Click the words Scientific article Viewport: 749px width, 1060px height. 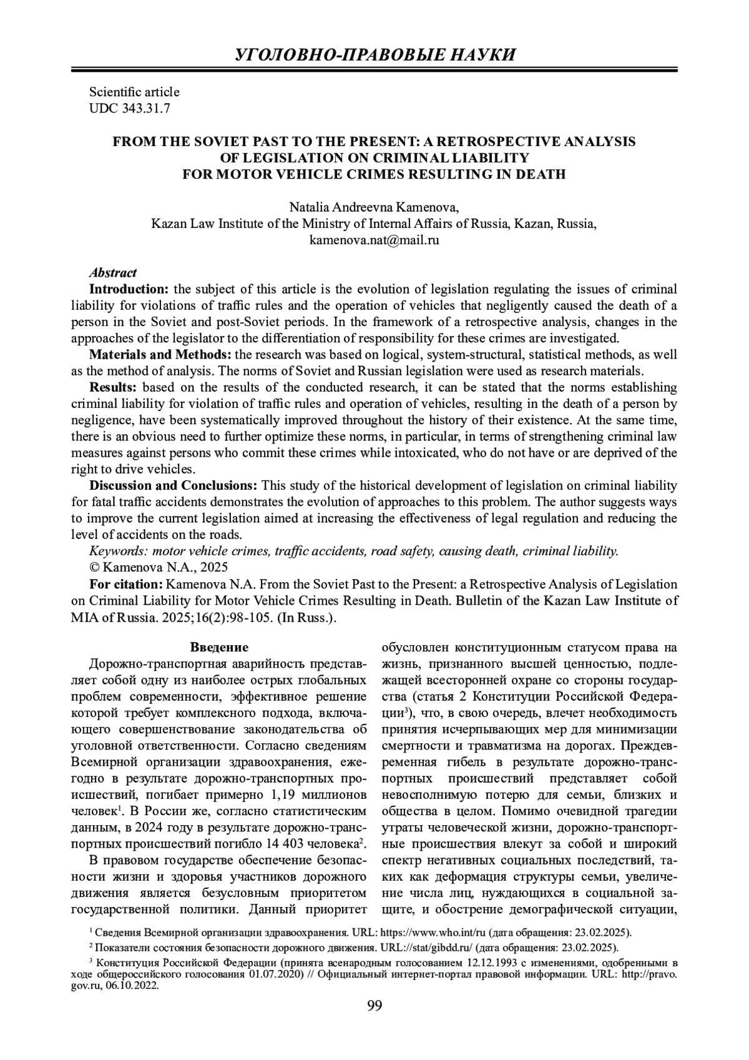pos(134,92)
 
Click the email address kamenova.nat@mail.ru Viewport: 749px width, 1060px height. pos(374,240)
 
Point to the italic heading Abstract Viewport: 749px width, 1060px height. pos(113,272)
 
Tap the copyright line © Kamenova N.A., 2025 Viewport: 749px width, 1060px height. pos(159,567)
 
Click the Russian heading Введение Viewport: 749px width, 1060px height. pos(219,647)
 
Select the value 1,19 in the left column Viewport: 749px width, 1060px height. pos(282,795)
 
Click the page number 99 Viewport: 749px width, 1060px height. pos(374,1006)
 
